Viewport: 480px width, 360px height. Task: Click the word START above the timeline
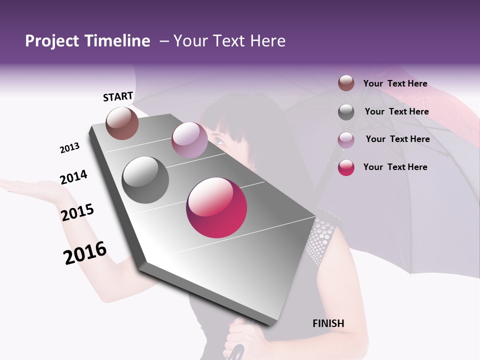118,96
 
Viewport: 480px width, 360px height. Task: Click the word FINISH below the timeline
328,323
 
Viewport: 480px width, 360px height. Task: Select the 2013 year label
69,148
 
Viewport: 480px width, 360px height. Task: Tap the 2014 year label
73,177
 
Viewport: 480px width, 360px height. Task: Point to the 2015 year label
77,212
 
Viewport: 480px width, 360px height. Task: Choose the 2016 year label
85,253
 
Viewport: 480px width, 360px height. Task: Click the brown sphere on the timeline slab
122,123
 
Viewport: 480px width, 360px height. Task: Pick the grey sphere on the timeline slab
145,180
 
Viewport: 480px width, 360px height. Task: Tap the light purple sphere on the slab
189,140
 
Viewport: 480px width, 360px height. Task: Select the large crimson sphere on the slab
216,207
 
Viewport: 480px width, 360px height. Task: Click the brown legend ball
346,83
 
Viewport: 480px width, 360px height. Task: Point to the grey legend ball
346,112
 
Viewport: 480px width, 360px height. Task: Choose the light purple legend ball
346,140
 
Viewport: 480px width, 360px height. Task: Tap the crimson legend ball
346,167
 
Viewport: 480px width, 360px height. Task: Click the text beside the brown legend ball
395,83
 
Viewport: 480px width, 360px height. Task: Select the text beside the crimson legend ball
395,167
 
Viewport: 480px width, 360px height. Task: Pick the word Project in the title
51,41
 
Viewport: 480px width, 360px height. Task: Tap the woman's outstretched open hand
25,187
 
